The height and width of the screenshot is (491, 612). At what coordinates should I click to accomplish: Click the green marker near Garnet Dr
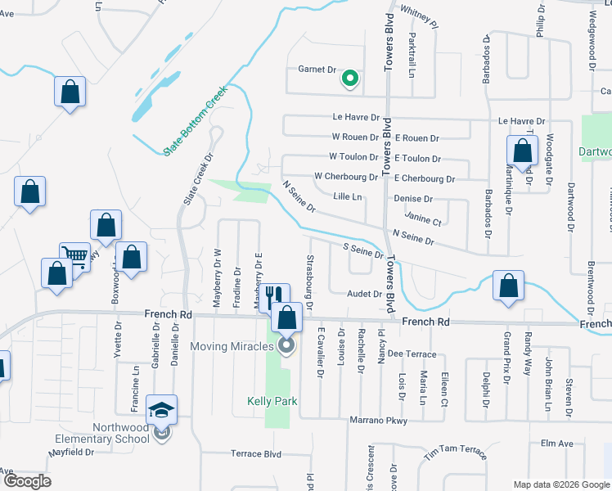pyautogui.click(x=350, y=79)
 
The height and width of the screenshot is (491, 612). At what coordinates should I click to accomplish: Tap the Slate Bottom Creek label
pyautogui.click(x=193, y=119)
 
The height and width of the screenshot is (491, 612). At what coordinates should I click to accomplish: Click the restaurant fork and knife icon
pyautogui.click(x=273, y=295)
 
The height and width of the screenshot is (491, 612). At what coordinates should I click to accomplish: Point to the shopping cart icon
pyautogui.click(x=75, y=256)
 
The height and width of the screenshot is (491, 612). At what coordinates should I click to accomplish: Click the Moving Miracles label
pyautogui.click(x=231, y=346)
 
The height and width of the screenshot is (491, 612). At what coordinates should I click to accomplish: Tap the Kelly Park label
pyautogui.click(x=272, y=402)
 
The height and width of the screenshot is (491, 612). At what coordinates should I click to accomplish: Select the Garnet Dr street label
pyautogui.click(x=317, y=70)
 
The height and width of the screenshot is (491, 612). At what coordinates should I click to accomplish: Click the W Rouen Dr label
pyautogui.click(x=354, y=137)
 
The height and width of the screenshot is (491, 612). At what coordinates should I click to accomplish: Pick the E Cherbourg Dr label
pyautogui.click(x=424, y=178)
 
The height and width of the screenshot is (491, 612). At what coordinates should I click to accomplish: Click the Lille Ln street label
pyautogui.click(x=349, y=196)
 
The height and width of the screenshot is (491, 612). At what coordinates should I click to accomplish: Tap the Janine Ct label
pyautogui.click(x=423, y=221)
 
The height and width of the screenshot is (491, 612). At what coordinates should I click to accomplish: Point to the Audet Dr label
pyautogui.click(x=365, y=294)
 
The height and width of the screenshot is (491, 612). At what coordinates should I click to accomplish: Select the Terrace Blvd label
pyautogui.click(x=255, y=454)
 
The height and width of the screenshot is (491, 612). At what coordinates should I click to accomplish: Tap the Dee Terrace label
pyautogui.click(x=407, y=354)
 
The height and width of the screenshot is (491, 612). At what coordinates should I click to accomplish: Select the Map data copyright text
pyautogui.click(x=560, y=484)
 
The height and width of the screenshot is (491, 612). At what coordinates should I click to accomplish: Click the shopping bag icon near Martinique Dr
pyautogui.click(x=522, y=151)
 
